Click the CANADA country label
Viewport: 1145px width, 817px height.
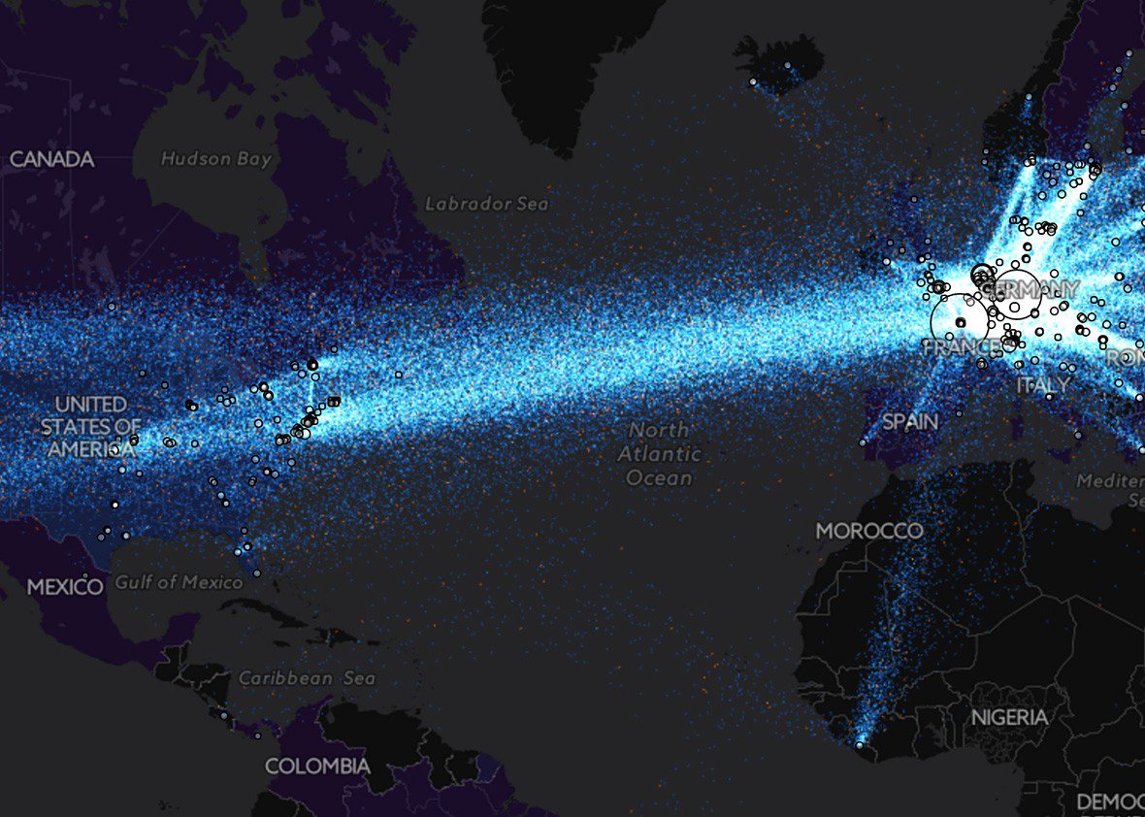pos(51,159)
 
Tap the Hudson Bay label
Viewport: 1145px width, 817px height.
pos(216,159)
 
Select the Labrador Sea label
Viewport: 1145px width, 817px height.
pos(486,204)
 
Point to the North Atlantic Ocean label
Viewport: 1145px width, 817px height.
pos(660,453)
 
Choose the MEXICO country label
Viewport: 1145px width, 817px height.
pos(64,587)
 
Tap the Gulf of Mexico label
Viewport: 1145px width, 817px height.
pos(179,582)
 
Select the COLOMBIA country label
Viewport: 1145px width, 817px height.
pos(317,767)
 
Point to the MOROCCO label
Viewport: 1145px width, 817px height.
pos(868,531)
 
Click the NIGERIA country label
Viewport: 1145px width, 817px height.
pos(1010,717)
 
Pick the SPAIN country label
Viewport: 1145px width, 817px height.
pos(909,422)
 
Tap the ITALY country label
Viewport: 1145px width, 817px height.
pos(1042,385)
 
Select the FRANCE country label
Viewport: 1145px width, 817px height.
pos(961,346)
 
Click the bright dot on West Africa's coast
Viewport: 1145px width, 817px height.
pos(859,744)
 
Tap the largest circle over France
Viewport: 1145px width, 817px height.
pos(959,321)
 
